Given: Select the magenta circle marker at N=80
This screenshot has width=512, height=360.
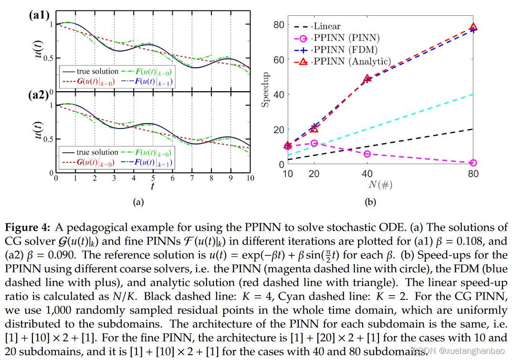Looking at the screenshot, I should coord(473,163).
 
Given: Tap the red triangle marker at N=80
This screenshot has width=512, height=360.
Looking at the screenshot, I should coord(473,27).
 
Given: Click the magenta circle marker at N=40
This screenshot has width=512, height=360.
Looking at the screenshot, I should coord(367,154).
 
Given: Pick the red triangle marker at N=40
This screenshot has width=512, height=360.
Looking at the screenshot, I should coord(367,79).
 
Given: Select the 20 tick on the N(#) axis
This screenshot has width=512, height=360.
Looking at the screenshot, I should coord(313,174).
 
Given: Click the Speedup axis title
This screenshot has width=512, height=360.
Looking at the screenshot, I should coord(266,90).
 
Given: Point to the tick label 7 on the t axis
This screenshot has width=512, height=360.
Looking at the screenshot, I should coord(191,178).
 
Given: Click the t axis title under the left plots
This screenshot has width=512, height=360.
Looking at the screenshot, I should coord(153,185).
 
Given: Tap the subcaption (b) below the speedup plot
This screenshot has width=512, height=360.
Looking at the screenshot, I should coord(371,202).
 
